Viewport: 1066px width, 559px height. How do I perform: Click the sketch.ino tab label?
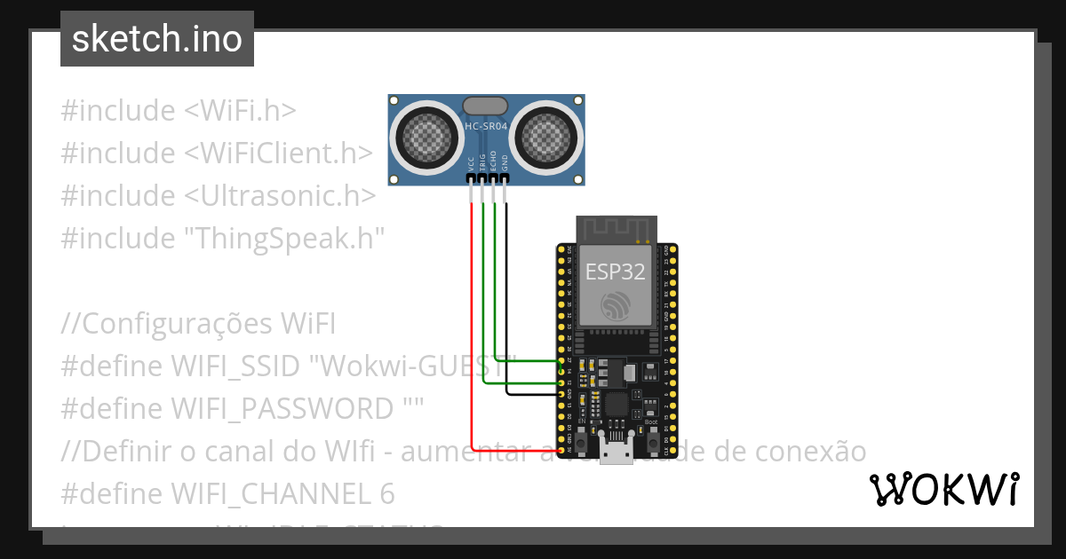coord(157,39)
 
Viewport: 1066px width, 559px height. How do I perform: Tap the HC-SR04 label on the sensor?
coord(486,127)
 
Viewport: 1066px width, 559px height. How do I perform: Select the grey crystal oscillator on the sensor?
coord(486,106)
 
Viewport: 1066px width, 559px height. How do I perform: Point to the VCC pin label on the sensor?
coord(472,163)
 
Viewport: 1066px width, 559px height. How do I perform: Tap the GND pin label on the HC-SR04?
coord(505,163)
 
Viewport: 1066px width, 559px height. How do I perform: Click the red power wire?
coord(472,337)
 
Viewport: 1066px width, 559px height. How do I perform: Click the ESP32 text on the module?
coord(615,272)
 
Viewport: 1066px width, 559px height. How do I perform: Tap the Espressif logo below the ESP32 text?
coord(615,306)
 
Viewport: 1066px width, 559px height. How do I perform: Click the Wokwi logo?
coord(943,489)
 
